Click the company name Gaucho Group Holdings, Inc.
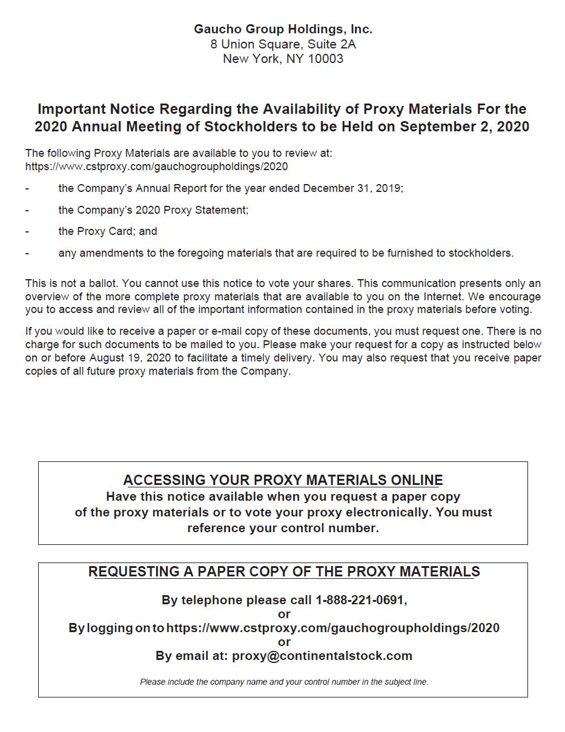(x=283, y=29)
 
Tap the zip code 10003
(x=325, y=59)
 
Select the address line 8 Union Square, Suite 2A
(x=283, y=44)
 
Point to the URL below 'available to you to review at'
(x=156, y=167)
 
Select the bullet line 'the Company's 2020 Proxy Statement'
(x=153, y=210)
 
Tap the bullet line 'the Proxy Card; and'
(x=108, y=231)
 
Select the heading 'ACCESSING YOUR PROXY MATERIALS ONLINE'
(x=283, y=480)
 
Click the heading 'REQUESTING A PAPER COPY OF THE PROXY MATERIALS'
(x=283, y=572)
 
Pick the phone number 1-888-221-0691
(x=360, y=600)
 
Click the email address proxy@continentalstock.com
(x=322, y=656)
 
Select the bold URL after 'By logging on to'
(x=332, y=628)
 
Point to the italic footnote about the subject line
(x=284, y=682)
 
